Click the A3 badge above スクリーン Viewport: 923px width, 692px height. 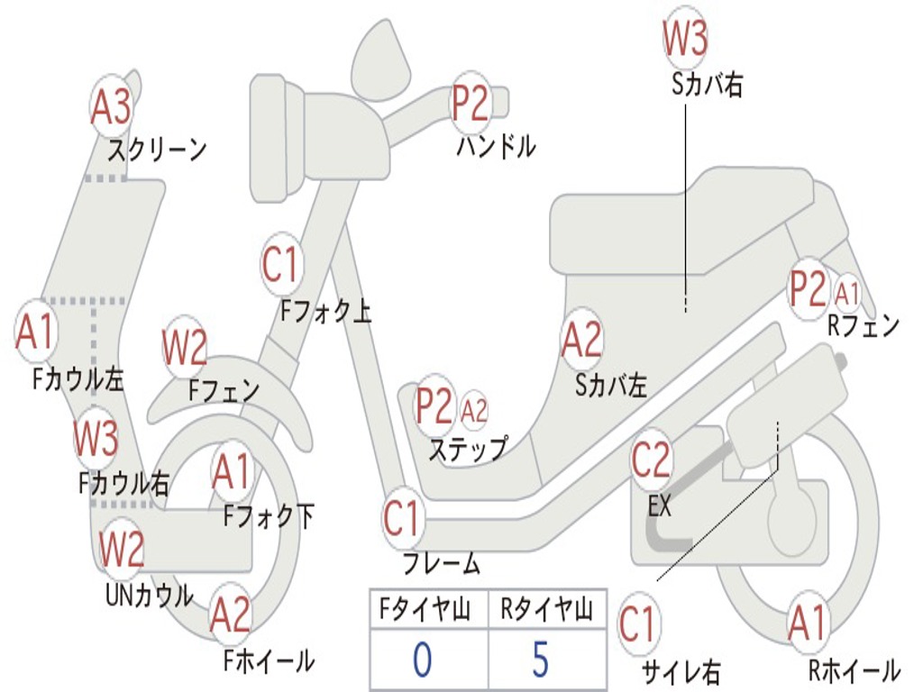click(x=112, y=106)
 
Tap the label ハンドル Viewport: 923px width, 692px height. click(x=496, y=145)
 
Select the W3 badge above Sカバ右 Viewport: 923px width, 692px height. click(x=685, y=38)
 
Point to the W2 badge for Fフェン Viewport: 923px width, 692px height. click(x=185, y=347)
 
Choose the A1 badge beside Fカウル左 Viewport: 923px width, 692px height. click(x=36, y=332)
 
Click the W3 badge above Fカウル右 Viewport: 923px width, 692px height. click(x=96, y=438)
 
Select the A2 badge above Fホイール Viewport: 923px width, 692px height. click(x=230, y=615)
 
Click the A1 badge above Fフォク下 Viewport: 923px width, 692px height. click(x=232, y=471)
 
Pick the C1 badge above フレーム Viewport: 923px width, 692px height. click(x=403, y=518)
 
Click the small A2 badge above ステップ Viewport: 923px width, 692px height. click(x=474, y=410)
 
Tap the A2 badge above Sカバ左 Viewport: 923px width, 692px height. click(x=581, y=340)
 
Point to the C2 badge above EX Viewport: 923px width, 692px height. click(x=651, y=460)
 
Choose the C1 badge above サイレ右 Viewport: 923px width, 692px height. click(x=638, y=624)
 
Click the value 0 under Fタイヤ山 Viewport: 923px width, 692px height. click(x=422, y=660)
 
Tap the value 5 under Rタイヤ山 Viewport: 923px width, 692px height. click(x=540, y=660)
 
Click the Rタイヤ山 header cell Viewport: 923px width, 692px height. click(x=546, y=612)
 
